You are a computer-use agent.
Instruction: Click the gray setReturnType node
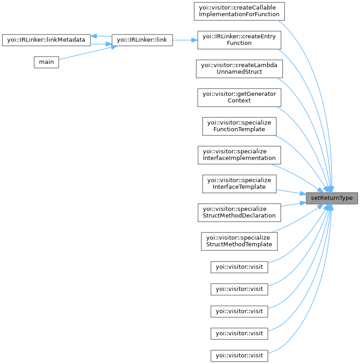pos(332,198)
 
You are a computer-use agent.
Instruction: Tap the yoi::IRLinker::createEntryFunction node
pos(240,40)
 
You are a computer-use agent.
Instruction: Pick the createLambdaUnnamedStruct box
pos(240,68)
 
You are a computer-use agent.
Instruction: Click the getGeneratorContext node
pos(240,97)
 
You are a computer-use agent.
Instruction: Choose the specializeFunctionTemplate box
pos(240,126)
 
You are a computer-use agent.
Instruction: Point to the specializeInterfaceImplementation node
pos(240,155)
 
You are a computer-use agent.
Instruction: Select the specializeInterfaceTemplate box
pos(240,183)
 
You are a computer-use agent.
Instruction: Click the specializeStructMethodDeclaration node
pos(240,212)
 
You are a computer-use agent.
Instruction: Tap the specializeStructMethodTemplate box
pos(240,241)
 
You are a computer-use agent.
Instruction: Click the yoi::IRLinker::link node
pos(142,40)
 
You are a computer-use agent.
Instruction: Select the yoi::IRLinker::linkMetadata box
pos(46,40)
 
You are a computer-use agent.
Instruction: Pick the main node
pos(46,62)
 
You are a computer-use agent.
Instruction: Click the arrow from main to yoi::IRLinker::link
pos(85,53)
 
